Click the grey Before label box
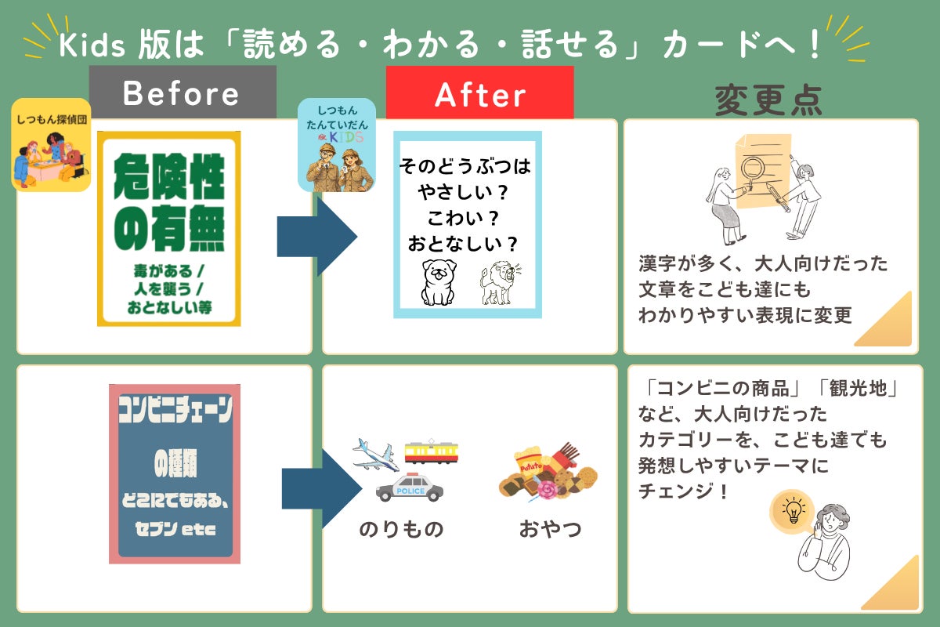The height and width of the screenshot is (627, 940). (183, 92)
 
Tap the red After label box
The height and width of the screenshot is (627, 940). (479, 92)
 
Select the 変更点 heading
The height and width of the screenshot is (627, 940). (768, 100)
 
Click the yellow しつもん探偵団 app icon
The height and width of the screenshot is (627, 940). (51, 145)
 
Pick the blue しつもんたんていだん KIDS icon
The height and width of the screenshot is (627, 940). (337, 145)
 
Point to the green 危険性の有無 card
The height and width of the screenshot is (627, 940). (169, 229)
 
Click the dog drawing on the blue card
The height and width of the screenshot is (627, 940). (439, 282)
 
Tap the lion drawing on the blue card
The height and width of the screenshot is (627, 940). (500, 283)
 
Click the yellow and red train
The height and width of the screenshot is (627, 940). (432, 452)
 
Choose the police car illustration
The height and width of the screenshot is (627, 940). (410, 487)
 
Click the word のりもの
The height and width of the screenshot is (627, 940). (401, 529)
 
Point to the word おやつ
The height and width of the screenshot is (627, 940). (550, 528)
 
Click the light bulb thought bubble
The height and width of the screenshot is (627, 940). (792, 511)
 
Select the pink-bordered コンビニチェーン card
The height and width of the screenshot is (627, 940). (175, 473)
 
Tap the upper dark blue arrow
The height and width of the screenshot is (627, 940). (317, 237)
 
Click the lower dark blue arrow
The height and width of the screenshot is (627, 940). (322, 488)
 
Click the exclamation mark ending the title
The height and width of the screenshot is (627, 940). (815, 44)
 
